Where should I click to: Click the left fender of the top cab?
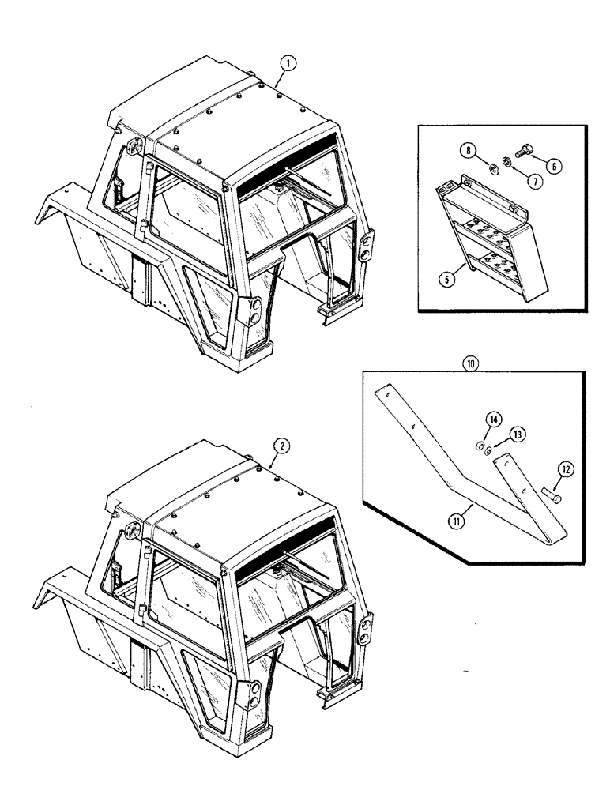pos(71,221)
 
